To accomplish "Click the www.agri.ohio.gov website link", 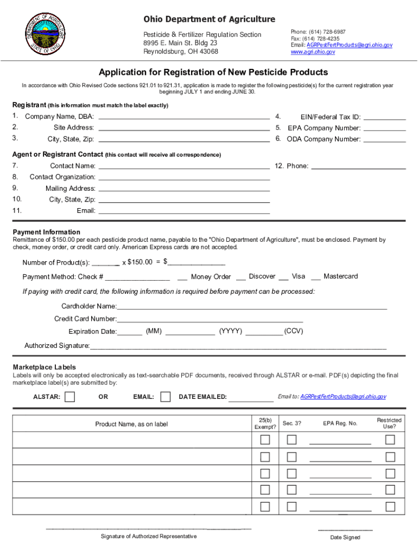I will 313,53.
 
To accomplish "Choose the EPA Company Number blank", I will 384,128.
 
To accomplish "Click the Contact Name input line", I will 183,165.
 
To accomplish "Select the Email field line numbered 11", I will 183,210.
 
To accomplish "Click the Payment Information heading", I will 47,232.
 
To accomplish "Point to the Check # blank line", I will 138,277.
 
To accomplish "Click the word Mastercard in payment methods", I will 340,276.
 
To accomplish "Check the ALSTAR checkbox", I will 69,397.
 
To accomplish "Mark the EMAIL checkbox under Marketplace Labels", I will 166,397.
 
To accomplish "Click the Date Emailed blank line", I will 251,397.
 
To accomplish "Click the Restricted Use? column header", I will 389,423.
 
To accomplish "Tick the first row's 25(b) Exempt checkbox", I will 265,440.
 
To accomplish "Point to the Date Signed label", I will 345,538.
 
